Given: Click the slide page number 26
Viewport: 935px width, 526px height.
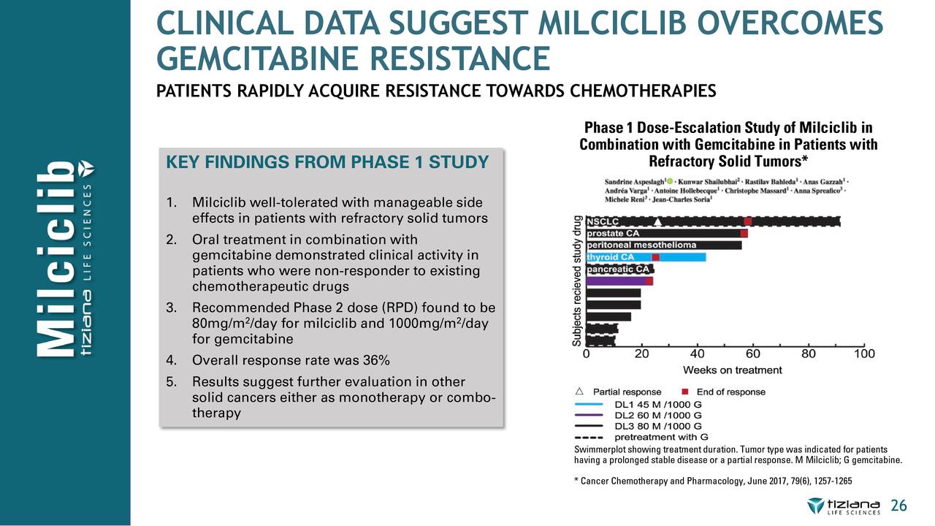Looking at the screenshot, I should click(898, 506).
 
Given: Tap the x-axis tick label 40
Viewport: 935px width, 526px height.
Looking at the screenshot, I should click(697, 354).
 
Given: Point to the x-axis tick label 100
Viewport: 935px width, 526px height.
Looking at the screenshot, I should click(864, 354).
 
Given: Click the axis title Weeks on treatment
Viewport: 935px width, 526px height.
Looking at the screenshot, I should click(733, 370).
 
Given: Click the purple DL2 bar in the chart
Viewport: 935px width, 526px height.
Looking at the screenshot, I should click(615, 281).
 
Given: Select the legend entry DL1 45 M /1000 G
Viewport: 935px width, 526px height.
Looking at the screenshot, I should click(658, 403).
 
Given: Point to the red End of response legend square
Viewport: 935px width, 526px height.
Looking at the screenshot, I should click(686, 392).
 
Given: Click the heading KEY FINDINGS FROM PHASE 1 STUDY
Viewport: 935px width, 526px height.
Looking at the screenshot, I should click(327, 161).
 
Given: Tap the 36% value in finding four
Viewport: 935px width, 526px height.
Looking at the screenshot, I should click(377, 360).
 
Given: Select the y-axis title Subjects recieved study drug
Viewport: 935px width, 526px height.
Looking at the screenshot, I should click(577, 281).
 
